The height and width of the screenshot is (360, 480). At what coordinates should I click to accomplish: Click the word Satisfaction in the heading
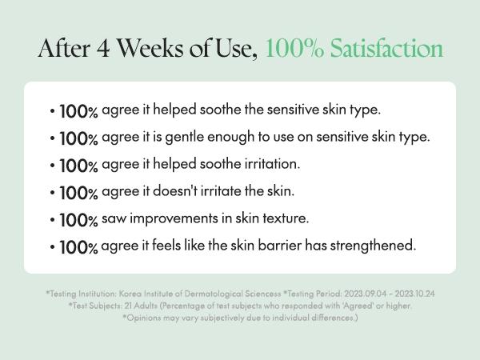click(386, 48)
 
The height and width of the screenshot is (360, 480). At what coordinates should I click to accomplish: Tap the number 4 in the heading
click(103, 49)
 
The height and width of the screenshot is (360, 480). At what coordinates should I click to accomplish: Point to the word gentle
click(185, 138)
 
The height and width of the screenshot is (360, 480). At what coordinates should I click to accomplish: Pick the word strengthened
click(373, 246)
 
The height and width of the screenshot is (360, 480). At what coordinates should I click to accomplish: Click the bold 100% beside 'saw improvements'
click(78, 221)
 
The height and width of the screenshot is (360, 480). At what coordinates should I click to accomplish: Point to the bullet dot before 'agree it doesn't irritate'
click(53, 193)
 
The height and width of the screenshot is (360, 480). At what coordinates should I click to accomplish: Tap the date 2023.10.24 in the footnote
click(414, 294)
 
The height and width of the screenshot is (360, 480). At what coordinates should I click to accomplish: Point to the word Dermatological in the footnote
click(214, 294)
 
